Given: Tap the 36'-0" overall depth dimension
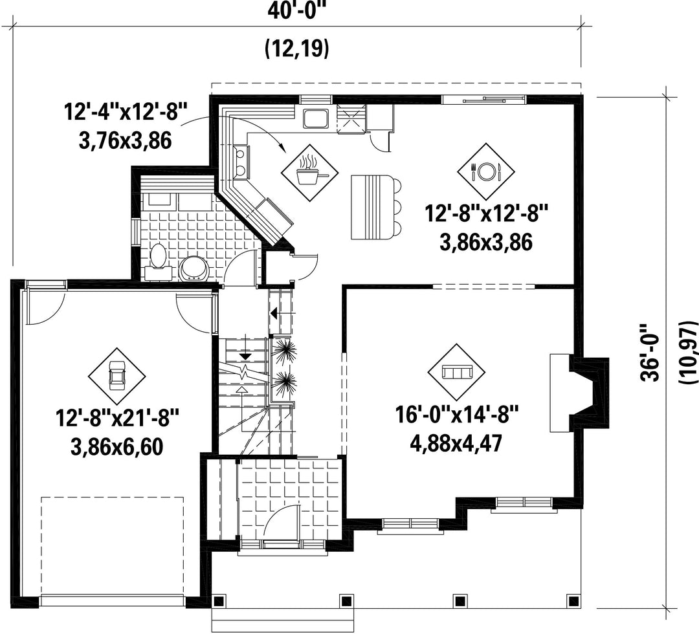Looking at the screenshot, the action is (650, 345).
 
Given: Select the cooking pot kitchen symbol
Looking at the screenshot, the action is (309, 173).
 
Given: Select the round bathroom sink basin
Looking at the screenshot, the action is (194, 268).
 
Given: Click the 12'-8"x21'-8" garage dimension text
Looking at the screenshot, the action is (117, 419).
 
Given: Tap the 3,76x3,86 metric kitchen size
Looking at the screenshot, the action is (126, 141).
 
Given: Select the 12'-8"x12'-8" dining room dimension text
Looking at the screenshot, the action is (486, 213).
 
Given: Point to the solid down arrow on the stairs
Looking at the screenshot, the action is (245, 356).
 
